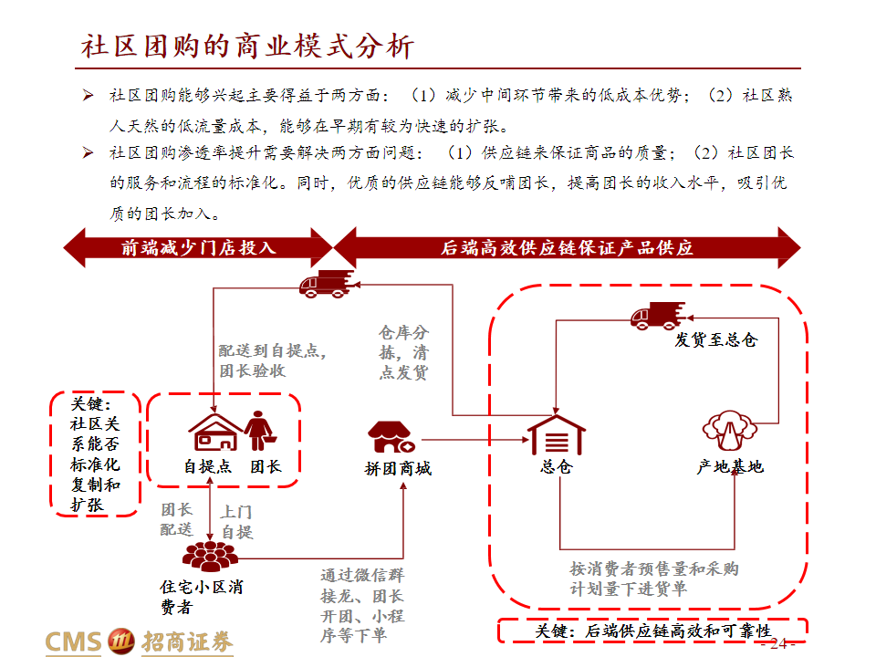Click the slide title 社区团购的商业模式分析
[247, 46]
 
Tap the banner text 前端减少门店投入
[199, 247]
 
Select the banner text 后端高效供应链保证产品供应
[567, 247]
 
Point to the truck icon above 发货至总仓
[658, 316]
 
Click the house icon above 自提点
[215, 432]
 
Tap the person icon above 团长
[259, 431]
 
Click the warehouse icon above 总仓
[557, 434]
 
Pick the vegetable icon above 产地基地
[730, 430]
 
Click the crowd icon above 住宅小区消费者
[210, 556]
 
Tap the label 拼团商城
[398, 468]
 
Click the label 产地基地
[730, 466]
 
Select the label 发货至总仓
[715, 339]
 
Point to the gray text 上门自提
[237, 522]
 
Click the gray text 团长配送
[176, 519]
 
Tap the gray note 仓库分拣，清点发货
[403, 352]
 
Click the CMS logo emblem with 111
[120, 641]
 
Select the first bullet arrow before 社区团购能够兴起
[88, 95]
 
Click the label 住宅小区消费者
[202, 597]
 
